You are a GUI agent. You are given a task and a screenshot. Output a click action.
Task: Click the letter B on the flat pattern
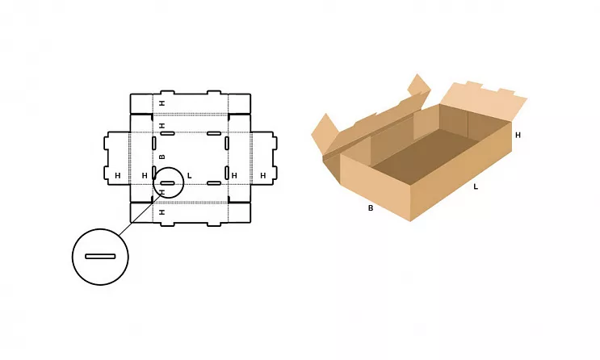point(162,157)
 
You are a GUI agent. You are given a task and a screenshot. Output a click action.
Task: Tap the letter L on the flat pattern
point(189,176)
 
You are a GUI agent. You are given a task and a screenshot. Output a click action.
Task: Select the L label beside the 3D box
point(476,186)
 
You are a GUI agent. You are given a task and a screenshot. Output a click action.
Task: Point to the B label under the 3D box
point(371,208)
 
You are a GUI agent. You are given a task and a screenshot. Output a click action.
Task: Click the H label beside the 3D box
point(518,135)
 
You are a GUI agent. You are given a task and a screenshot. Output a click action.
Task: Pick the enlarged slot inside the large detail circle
point(100,257)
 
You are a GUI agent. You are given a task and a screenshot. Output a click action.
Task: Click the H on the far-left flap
point(117,176)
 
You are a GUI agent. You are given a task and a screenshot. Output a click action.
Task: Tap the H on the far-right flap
point(263,176)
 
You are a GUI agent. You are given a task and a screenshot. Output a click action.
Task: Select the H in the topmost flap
point(162,103)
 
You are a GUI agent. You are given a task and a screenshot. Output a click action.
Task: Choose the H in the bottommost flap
point(162,212)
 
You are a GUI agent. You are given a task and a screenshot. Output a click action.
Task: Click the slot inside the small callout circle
point(168,183)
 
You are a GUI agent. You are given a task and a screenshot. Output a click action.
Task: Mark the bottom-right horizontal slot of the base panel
point(214,183)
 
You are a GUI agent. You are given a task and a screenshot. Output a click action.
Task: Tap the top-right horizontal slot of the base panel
point(214,133)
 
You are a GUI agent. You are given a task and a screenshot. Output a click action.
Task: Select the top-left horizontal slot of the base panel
point(168,133)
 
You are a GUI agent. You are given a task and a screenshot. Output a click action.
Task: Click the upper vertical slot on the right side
point(227,143)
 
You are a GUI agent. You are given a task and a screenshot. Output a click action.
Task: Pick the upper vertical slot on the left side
point(153,143)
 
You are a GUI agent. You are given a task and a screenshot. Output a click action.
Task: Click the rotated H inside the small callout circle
point(162,192)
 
